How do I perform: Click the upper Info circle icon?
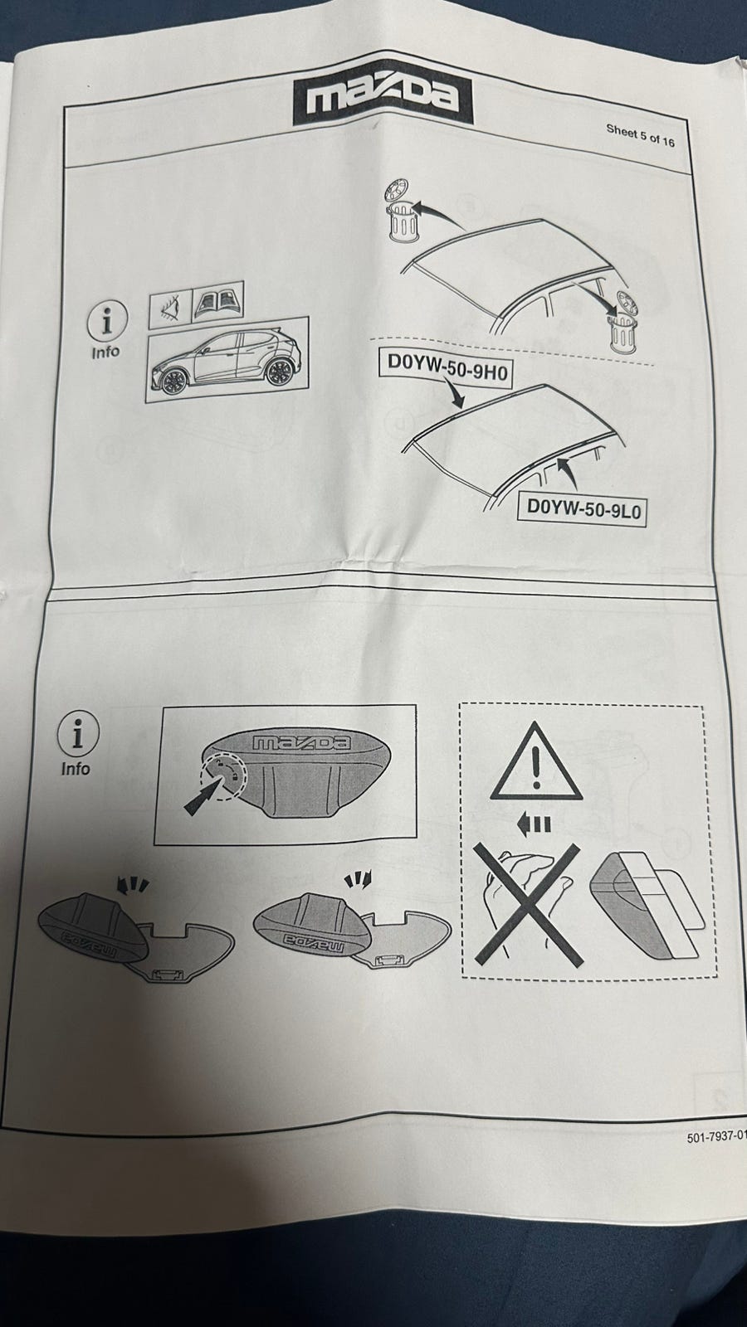(x=107, y=321)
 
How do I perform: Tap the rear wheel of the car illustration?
(x=277, y=371)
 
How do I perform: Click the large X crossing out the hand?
(x=526, y=905)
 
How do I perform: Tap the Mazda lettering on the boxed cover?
(x=300, y=743)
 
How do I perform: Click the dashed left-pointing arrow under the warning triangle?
(x=534, y=824)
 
